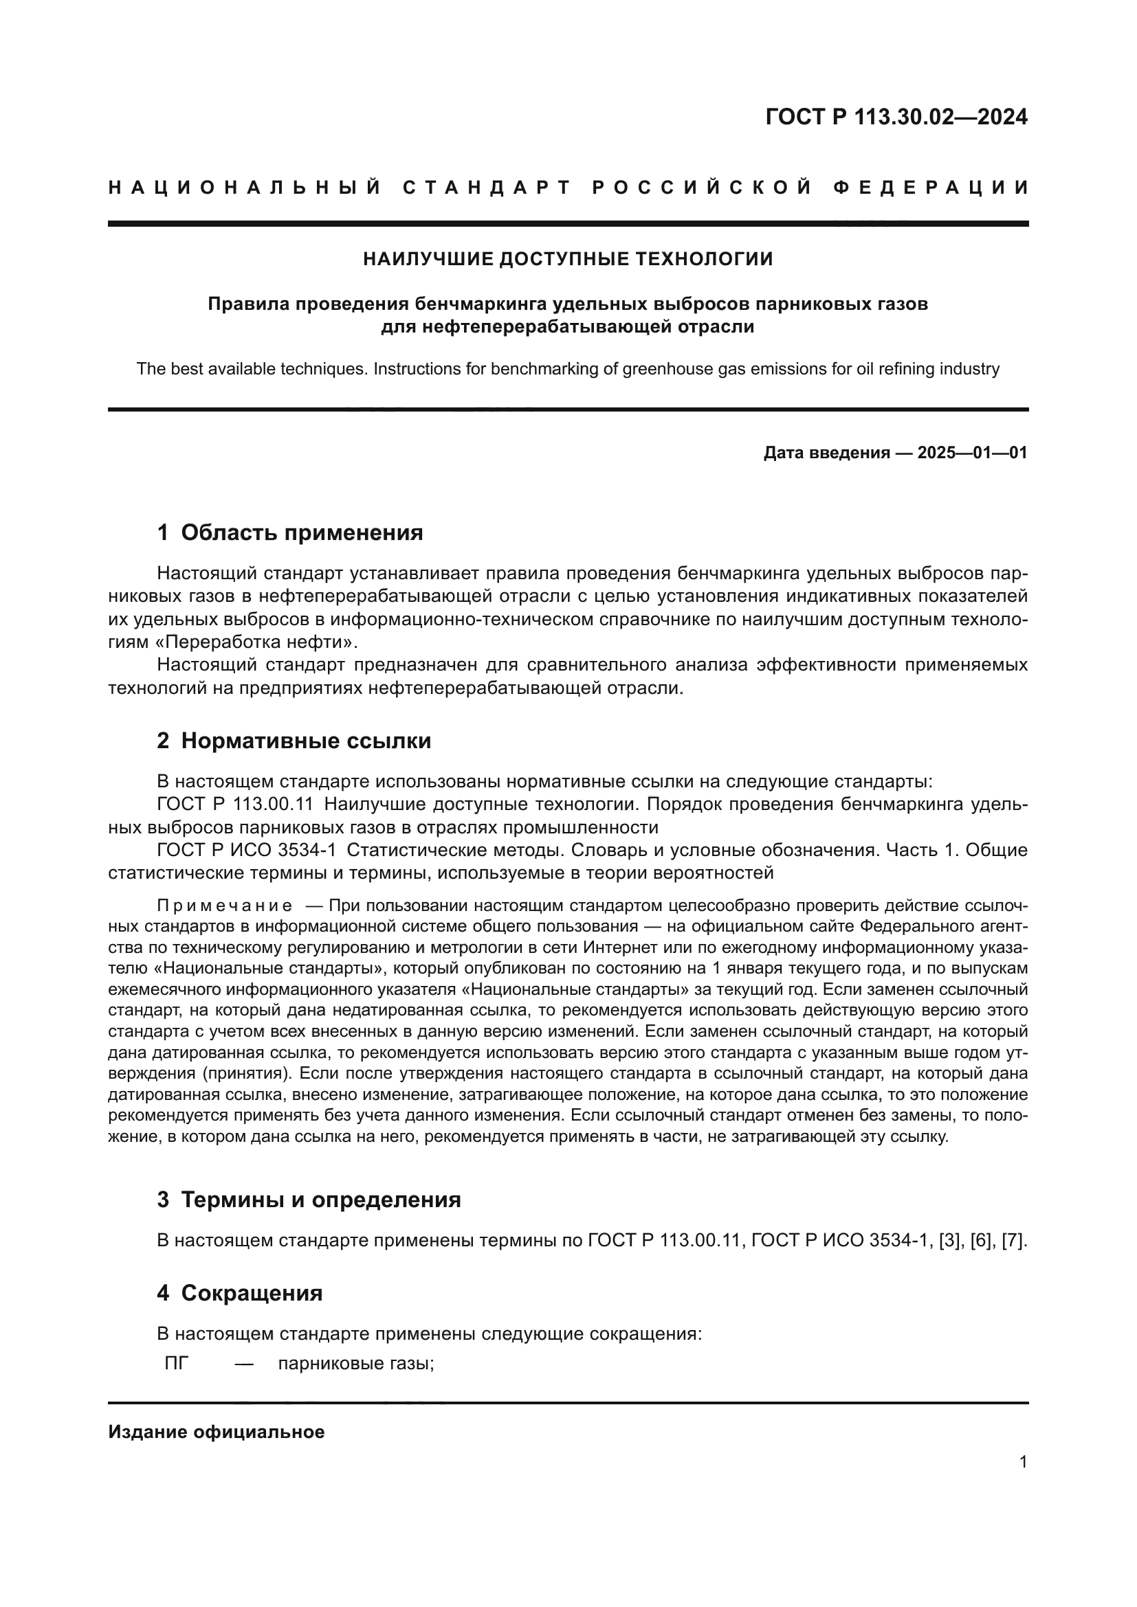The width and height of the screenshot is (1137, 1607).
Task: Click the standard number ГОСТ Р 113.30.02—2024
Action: point(896,117)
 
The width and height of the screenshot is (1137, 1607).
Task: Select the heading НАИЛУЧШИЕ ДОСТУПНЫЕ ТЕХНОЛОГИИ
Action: point(568,259)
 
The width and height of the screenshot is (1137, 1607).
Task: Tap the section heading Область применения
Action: point(302,532)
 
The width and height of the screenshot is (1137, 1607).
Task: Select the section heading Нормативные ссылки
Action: point(306,741)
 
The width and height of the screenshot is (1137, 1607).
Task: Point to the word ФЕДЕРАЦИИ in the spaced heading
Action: point(931,188)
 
